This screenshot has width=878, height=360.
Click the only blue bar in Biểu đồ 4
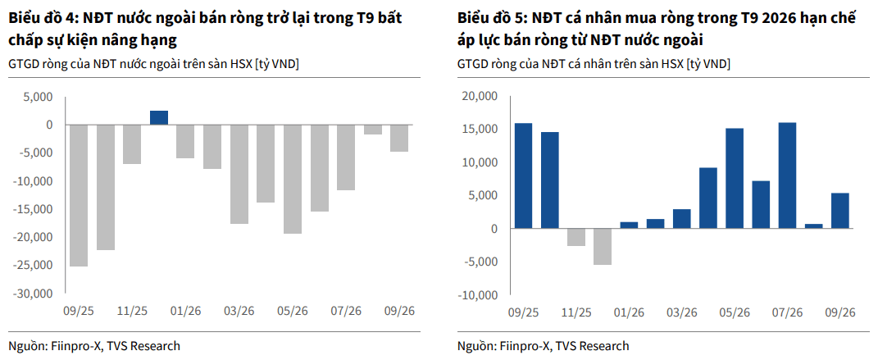[x=158, y=117]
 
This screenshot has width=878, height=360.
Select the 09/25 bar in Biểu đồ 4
[x=79, y=195]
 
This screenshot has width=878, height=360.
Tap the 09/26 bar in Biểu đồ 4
[x=399, y=139]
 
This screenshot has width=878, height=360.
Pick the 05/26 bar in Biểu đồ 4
[x=293, y=179]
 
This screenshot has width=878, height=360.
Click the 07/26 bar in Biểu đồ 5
[x=787, y=175]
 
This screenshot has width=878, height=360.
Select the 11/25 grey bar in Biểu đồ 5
[x=576, y=237]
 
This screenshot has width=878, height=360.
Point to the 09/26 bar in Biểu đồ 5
[x=840, y=211]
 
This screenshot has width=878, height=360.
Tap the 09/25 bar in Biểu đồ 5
[x=523, y=175]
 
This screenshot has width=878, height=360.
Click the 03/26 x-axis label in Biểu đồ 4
[x=239, y=312]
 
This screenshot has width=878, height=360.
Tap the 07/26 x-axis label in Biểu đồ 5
[x=787, y=313]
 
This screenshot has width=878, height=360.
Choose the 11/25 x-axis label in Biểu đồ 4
[x=133, y=312]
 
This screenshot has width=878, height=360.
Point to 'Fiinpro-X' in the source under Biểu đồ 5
[x=521, y=346]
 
